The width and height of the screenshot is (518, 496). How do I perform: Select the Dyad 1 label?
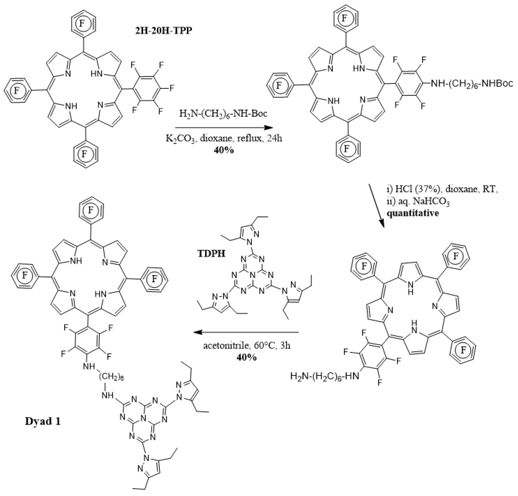click(x=43, y=421)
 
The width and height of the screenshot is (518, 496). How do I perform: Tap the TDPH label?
click(x=211, y=254)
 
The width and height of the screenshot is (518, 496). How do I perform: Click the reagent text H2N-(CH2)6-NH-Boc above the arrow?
click(x=223, y=114)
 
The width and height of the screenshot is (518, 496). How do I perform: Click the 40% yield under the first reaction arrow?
click(x=224, y=150)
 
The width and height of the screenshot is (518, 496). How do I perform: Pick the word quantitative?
click(x=413, y=213)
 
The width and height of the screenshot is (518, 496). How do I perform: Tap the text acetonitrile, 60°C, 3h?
click(x=247, y=346)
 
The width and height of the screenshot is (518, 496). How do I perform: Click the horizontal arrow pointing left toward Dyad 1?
click(x=246, y=332)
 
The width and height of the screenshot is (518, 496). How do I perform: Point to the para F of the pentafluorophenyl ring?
click(x=172, y=88)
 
